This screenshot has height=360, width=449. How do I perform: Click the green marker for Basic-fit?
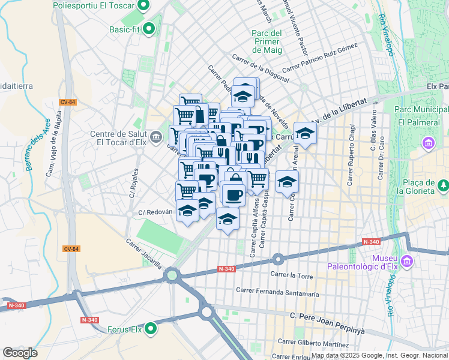(149, 28)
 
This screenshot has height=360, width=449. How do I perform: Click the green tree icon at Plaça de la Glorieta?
(443, 186)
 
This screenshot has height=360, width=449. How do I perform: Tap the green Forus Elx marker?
(150, 329)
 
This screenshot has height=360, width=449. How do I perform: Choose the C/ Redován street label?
(155, 212)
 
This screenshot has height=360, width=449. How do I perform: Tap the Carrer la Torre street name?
(292, 274)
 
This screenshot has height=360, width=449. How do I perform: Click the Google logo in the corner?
(20, 352)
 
